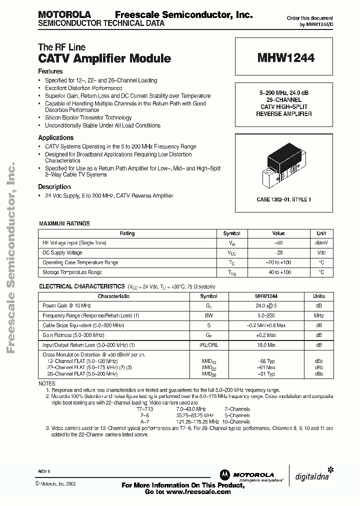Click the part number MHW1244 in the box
(x=286, y=58)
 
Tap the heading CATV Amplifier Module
(x=104, y=58)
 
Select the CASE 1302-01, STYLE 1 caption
(x=284, y=199)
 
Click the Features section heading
(x=50, y=71)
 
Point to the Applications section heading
(x=56, y=137)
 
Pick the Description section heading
(x=54, y=186)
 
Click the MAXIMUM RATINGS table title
(x=64, y=223)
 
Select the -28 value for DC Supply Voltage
(x=278, y=253)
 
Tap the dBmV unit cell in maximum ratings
(x=321, y=243)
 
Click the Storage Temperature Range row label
(x=72, y=272)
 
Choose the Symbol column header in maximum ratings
(x=231, y=233)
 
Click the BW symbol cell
(x=208, y=315)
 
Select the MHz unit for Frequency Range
(x=318, y=315)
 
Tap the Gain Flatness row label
(x=73, y=335)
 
